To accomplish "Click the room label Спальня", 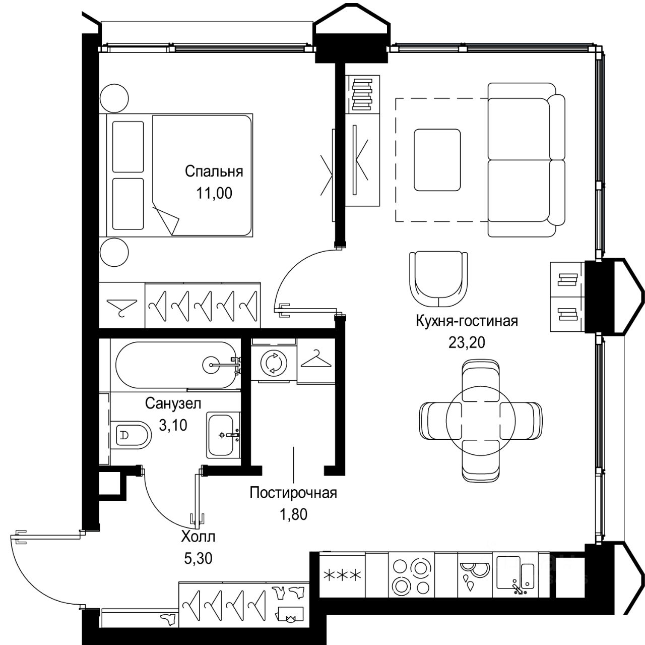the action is [x=214, y=171].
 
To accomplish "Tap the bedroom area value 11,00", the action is [x=214, y=193].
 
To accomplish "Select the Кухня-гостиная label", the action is [x=467, y=321].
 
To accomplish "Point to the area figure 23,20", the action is [x=467, y=342].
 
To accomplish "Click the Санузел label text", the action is [x=173, y=403].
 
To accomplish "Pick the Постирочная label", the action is [x=293, y=493].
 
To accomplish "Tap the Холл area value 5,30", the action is [x=198, y=559].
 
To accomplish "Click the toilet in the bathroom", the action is [x=131, y=435].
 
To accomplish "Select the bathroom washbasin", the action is [x=223, y=435].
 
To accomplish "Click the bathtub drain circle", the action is [x=212, y=364].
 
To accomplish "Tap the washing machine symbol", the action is [x=274, y=363].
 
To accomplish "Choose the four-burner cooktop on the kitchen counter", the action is [x=411, y=575].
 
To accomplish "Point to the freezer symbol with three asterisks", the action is [x=342, y=575].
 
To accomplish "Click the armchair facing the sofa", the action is [x=438, y=279].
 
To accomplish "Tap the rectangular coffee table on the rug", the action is [x=437, y=160].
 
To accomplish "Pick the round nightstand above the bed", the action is [x=114, y=98].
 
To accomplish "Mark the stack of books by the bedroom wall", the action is [x=362, y=94].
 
